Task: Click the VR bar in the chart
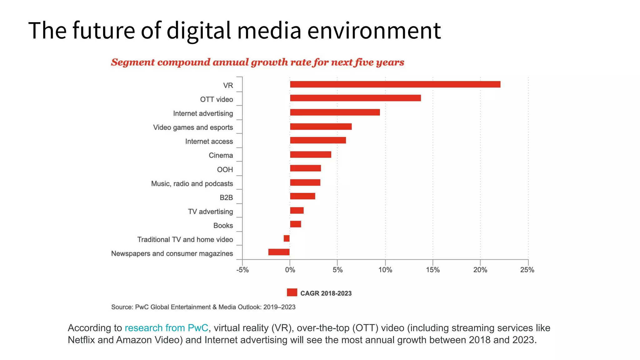point(395,84)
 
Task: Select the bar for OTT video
point(355,98)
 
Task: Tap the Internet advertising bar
point(335,112)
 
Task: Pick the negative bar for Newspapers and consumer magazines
point(279,252)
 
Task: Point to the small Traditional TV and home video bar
point(287,238)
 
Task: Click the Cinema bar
point(310,154)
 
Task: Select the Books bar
point(295,224)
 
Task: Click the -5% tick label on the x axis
point(242,270)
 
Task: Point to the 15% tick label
point(432,270)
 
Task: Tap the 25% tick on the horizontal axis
point(527,270)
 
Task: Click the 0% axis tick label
point(290,270)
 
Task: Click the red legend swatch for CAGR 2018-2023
point(292,292)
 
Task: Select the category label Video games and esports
point(193,127)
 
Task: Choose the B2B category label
point(226,197)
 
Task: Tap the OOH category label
point(225,170)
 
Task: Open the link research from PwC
point(166,328)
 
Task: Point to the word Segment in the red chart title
point(133,62)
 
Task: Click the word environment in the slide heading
point(374,31)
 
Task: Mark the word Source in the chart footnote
point(122,307)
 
